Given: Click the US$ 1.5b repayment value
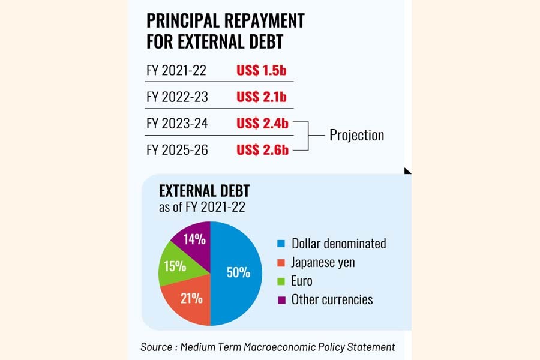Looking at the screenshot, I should click(x=261, y=70).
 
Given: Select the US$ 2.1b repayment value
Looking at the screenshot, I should click(x=262, y=97).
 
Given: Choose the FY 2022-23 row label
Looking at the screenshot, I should click(x=176, y=97).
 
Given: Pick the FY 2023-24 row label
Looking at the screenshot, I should click(x=177, y=124).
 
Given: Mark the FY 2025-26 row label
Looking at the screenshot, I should click(x=177, y=150).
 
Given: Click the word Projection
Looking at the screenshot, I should click(x=356, y=135).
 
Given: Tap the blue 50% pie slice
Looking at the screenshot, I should click(x=237, y=273).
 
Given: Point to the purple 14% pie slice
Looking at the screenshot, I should click(x=194, y=239).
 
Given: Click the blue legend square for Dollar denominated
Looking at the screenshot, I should click(x=281, y=244).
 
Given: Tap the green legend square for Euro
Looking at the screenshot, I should click(x=281, y=281).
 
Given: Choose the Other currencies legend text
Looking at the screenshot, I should click(x=332, y=299).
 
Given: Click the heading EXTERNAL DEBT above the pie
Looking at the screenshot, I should click(x=204, y=191).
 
